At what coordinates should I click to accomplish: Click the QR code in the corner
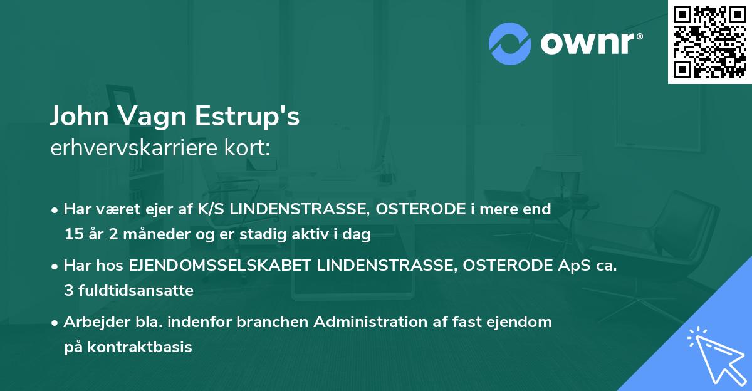[709, 42]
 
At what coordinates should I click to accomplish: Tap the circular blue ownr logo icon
[509, 43]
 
